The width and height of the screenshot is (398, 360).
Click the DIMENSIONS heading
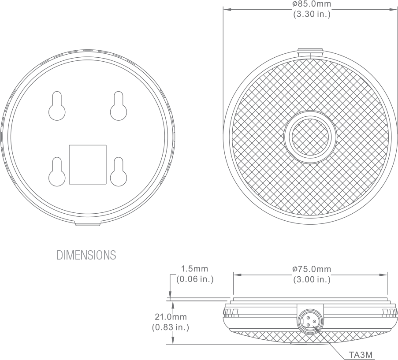[86, 255]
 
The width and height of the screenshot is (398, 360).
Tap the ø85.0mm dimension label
[312, 4]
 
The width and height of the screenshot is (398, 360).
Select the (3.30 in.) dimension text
[312, 14]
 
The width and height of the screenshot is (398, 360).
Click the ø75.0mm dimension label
[312, 269]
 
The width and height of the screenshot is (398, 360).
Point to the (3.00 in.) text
[312, 279]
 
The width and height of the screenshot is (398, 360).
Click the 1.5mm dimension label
[194, 268]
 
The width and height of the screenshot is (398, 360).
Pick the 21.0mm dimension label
[171, 317]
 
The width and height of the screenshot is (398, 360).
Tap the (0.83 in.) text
[171, 327]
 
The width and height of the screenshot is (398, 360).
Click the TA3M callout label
[361, 355]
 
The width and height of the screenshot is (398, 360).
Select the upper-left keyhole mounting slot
[57, 106]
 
